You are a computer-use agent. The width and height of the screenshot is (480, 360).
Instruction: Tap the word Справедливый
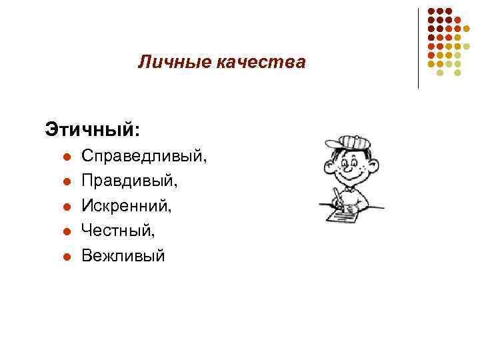pyautogui.click(x=143, y=157)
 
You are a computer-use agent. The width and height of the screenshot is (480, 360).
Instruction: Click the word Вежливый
pyautogui.click(x=123, y=255)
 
